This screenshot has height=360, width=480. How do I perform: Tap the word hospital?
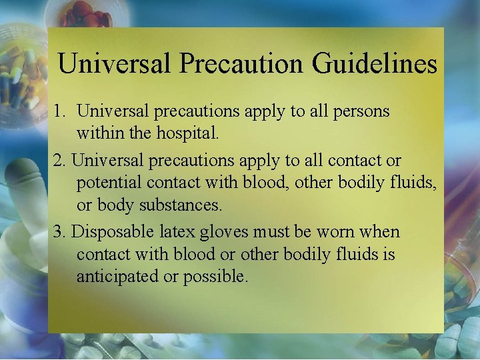pos(185,133)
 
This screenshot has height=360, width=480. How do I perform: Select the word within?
pos(98,133)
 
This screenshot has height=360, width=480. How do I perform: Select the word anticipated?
pos(117,276)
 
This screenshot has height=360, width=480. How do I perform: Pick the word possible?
pos(215,276)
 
